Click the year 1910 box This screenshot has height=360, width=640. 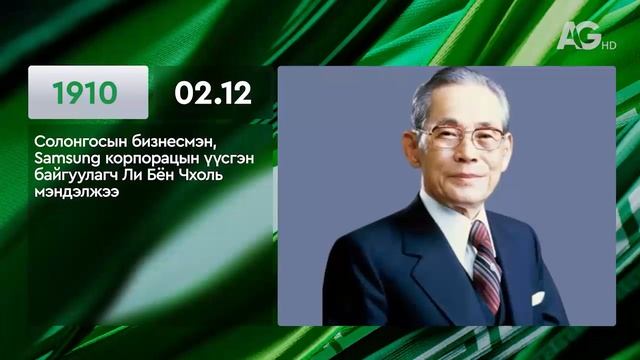87,93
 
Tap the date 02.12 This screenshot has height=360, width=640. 212,93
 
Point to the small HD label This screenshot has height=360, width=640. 608,43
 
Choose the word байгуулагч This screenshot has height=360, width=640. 74,176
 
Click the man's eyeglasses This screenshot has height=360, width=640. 461,136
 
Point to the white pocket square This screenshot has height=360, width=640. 537,298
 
